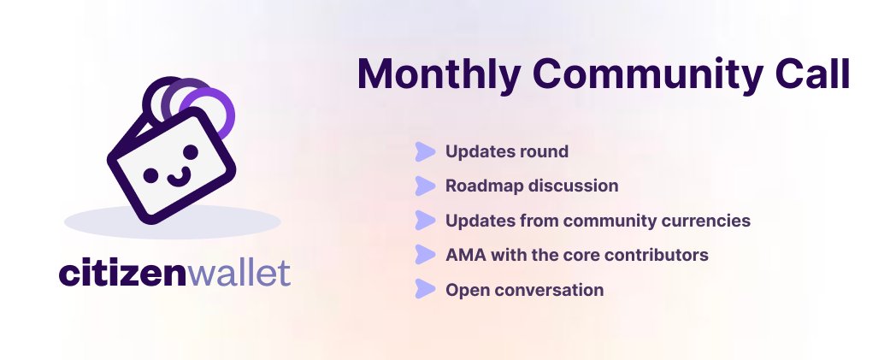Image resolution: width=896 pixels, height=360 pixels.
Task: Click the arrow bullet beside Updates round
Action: point(425,152)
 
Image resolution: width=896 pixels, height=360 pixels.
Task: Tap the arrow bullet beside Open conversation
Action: point(425,290)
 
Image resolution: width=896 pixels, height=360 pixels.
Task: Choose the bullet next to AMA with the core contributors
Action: point(425,255)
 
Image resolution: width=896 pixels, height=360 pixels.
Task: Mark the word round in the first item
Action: point(543,152)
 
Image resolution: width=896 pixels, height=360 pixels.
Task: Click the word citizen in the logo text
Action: point(121,274)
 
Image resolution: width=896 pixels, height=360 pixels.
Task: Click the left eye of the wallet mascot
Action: point(150,174)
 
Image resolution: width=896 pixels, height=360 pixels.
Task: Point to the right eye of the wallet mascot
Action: point(190,152)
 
